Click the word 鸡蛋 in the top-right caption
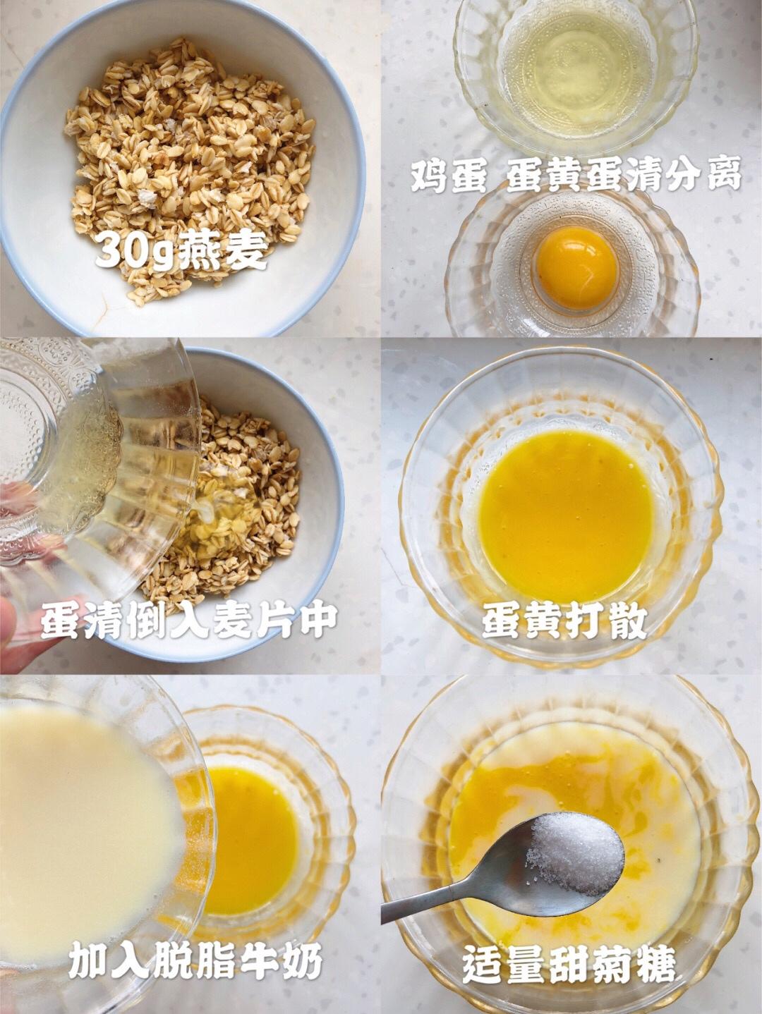(449, 176)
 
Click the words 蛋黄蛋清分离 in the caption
(623, 176)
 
